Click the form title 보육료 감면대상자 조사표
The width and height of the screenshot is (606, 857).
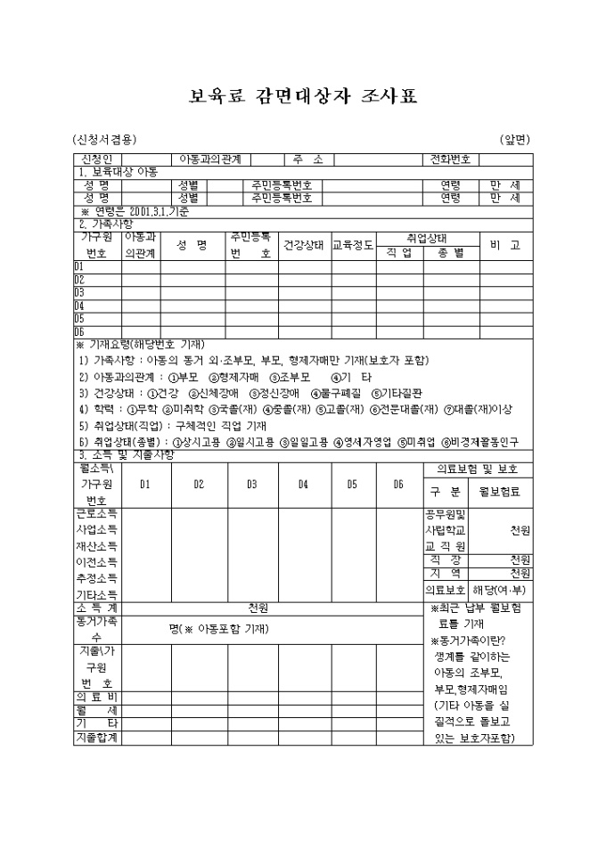point(303,96)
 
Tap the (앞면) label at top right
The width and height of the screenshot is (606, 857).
point(514,139)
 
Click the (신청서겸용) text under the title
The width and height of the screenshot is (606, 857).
point(105,139)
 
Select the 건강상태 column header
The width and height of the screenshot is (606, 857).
point(303,245)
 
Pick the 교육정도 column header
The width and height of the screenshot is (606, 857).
point(352,245)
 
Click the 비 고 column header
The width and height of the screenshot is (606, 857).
point(505,245)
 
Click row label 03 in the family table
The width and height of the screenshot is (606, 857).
point(79,291)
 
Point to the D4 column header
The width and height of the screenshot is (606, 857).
point(303,484)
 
